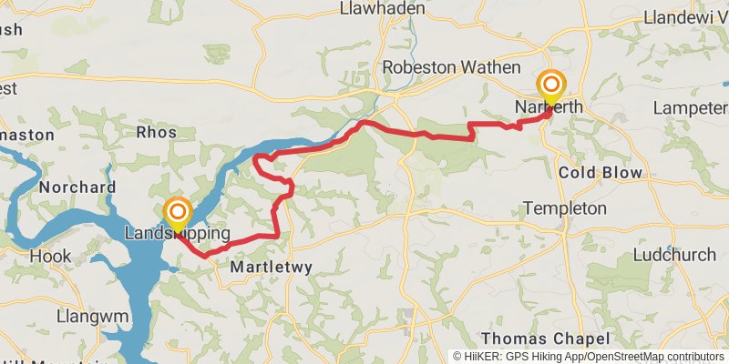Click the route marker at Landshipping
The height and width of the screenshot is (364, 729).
click(x=177, y=215)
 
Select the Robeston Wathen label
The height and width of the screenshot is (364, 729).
click(x=451, y=67)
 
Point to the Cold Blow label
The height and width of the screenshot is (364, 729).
click(x=601, y=172)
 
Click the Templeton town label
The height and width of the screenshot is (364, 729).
click(x=565, y=208)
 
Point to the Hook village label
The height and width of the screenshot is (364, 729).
click(x=50, y=257)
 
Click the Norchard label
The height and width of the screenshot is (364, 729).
click(x=77, y=187)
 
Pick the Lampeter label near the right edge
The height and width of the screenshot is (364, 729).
click(x=690, y=108)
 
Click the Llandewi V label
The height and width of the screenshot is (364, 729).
click(x=683, y=17)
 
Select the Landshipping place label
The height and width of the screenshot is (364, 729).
click(x=177, y=235)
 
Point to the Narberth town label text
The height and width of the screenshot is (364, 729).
click(x=549, y=107)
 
